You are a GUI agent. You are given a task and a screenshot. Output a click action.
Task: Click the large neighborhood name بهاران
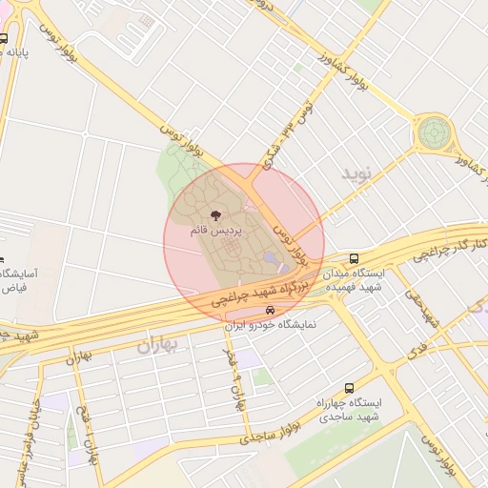[158, 344]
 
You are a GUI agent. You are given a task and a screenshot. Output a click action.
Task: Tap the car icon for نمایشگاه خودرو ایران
[270, 310]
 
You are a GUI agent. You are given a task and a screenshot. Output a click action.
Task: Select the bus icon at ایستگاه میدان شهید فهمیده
[355, 257]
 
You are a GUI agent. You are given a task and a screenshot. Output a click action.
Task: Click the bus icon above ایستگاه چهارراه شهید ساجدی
[349, 388]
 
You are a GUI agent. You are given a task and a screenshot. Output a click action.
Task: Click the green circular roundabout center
[434, 131]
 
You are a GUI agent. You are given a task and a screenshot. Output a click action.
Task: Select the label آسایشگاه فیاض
[18, 279]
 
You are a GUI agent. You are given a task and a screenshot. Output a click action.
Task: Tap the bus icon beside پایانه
[4, 39]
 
